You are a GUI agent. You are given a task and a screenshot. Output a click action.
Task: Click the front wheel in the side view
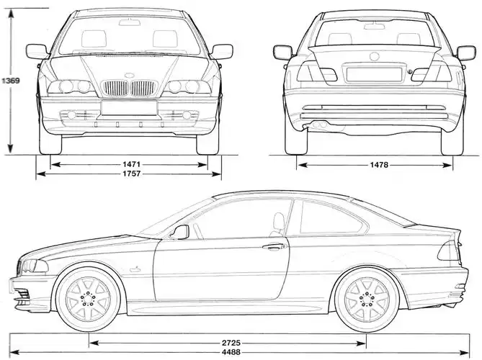click(x=86, y=298)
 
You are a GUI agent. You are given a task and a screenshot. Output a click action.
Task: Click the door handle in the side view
click(x=275, y=247)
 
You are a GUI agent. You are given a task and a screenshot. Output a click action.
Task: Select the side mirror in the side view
click(x=178, y=232)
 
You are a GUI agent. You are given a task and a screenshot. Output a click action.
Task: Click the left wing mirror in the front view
click(x=35, y=52)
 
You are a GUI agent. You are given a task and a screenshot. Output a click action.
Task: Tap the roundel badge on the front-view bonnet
click(x=130, y=76)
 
